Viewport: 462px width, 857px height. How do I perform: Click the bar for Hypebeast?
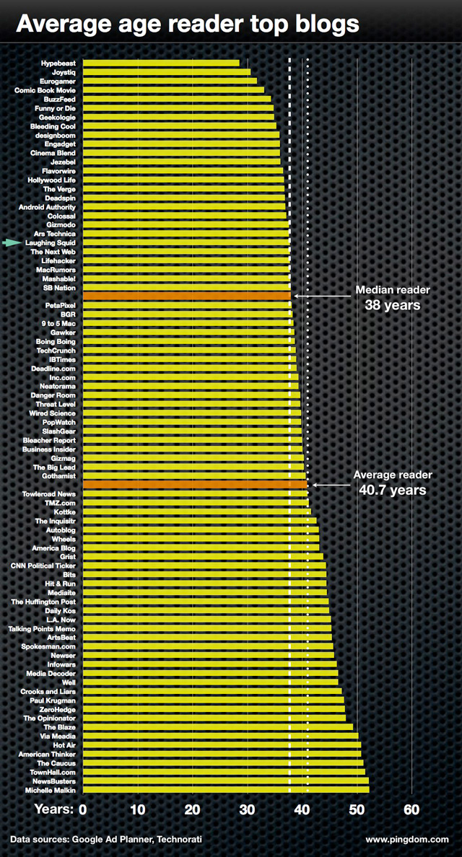[x=161, y=63]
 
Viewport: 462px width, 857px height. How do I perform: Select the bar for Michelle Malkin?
[x=226, y=790]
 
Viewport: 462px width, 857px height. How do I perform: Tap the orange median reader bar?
[x=187, y=296]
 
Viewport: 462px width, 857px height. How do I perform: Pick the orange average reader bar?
[x=195, y=485]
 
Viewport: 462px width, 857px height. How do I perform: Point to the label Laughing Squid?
[x=50, y=243]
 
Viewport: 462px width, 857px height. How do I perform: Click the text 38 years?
[x=393, y=305]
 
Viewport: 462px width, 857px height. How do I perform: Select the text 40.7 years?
[x=393, y=490]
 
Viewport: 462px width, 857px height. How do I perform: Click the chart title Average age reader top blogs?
[x=188, y=24]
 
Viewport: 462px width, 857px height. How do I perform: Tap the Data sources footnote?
[x=105, y=840]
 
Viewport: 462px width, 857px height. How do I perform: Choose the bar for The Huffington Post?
[x=206, y=602]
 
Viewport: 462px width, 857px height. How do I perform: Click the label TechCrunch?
[x=56, y=351]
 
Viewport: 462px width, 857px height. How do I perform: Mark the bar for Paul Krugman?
[x=214, y=700]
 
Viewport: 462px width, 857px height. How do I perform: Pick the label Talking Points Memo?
[x=41, y=628]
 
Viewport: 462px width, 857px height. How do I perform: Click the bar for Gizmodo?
[x=186, y=225]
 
